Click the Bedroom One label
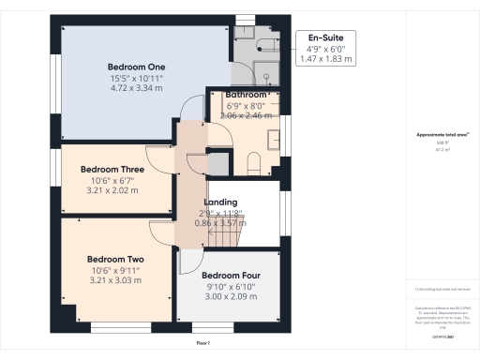(x=138, y=67)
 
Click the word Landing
(x=221, y=202)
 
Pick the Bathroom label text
(x=247, y=95)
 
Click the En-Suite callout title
(x=323, y=38)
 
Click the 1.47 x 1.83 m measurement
(x=323, y=59)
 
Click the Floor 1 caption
(x=203, y=344)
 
